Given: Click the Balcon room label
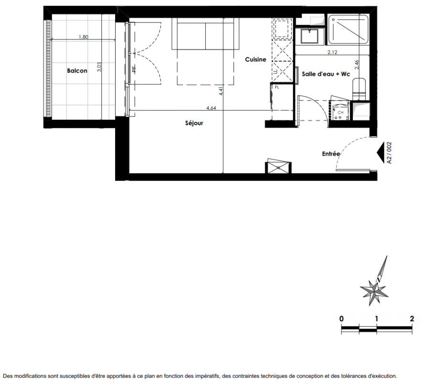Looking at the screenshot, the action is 77,71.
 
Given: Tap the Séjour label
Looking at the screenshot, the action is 194,123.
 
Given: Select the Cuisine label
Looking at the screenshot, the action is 256,60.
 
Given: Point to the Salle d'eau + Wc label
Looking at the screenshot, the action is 326,74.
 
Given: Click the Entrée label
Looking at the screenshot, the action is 331,154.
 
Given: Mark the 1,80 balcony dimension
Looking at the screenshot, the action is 84,37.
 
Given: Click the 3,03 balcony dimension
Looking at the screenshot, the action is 99,67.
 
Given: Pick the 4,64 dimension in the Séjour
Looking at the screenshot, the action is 211,108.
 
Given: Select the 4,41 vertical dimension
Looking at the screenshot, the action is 221,91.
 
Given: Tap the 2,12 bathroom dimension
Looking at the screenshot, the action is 332,52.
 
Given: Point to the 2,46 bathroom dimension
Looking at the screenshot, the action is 357,64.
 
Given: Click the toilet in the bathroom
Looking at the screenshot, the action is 359,89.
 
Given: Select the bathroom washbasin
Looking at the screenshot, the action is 309,36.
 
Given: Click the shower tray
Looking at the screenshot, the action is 348,30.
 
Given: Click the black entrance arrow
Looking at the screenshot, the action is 380,153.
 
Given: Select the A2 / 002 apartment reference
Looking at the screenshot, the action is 389,153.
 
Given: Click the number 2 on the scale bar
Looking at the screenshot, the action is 412,318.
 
